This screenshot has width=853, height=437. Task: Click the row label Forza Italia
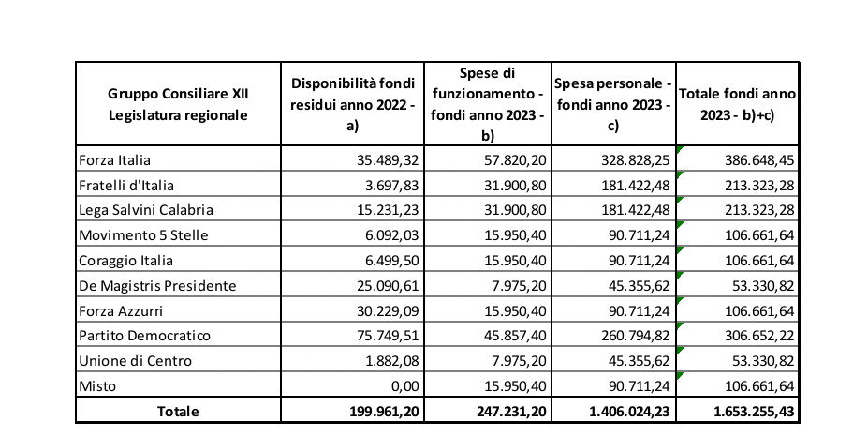tap(115, 161)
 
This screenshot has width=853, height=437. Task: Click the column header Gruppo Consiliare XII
tap(178, 94)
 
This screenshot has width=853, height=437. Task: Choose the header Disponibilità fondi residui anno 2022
tap(352, 103)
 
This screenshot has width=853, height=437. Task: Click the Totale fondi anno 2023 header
tap(737, 103)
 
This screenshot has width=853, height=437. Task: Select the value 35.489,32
tap(385, 161)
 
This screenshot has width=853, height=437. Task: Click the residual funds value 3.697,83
tap(390, 186)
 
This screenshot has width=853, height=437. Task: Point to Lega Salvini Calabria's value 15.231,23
tap(385, 211)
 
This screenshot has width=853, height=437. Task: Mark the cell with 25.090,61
tap(385, 286)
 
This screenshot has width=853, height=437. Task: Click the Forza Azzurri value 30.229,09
tap(385, 310)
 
